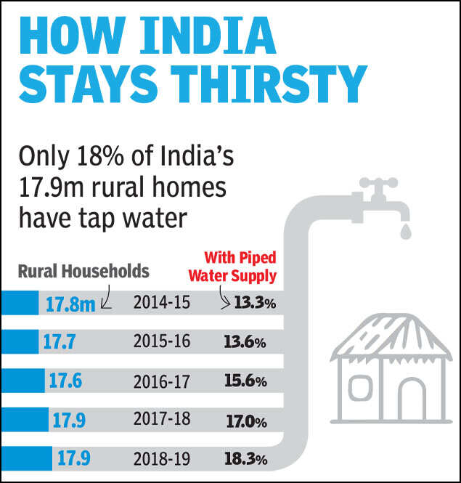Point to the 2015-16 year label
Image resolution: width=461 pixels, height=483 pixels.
[161, 341]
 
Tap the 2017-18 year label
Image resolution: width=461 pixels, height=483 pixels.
[161, 421]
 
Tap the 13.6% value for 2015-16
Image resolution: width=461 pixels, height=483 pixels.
[245, 341]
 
